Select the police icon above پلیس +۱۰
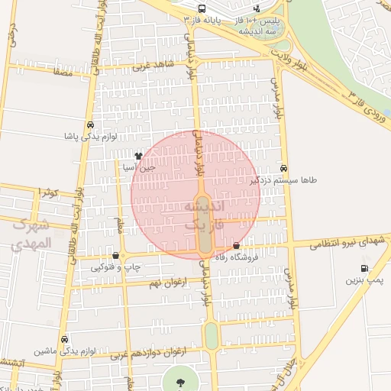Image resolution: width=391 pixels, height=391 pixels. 255,8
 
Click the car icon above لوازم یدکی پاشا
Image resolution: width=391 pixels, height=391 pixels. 91,124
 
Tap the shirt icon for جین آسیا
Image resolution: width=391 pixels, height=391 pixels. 138,156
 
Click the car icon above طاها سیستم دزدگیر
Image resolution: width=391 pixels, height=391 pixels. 284,169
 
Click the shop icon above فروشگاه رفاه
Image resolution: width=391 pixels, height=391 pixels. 236,246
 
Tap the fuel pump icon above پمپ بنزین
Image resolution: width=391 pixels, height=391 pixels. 364,269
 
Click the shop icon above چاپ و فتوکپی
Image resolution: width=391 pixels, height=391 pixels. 115,256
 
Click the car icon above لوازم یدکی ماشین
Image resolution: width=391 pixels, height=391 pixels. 64,339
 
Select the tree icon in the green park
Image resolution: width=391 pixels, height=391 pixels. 180,382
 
